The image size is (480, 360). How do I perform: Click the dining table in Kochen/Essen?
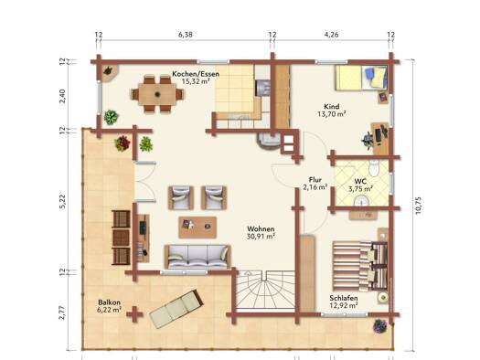(x=157, y=94)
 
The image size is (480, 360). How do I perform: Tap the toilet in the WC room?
(x=374, y=167)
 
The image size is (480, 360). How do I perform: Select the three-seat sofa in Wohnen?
(x=197, y=257)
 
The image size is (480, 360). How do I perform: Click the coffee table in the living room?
(x=197, y=228)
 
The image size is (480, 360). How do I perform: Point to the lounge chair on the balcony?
(x=176, y=309)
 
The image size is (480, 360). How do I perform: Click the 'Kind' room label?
(x=332, y=106)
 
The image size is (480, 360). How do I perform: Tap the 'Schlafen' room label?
(x=344, y=298)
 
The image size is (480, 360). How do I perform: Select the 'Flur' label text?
(x=315, y=180)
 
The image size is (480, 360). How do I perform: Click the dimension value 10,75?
(x=419, y=206)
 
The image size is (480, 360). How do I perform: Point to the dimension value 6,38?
(x=186, y=35)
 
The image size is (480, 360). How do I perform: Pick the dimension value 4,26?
(x=331, y=35)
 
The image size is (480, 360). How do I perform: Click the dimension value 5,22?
(x=62, y=202)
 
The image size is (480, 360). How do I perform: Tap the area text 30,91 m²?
(x=261, y=237)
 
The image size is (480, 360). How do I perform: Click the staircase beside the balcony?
(x=266, y=290)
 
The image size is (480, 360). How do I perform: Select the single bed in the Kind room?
(x=361, y=78)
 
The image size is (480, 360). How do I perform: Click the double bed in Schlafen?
(x=360, y=266)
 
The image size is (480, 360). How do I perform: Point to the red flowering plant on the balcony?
(x=123, y=143)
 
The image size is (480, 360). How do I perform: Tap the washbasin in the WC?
(x=362, y=201)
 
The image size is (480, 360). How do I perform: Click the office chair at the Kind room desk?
(x=368, y=140)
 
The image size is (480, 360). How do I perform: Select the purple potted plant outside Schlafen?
(x=380, y=326)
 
